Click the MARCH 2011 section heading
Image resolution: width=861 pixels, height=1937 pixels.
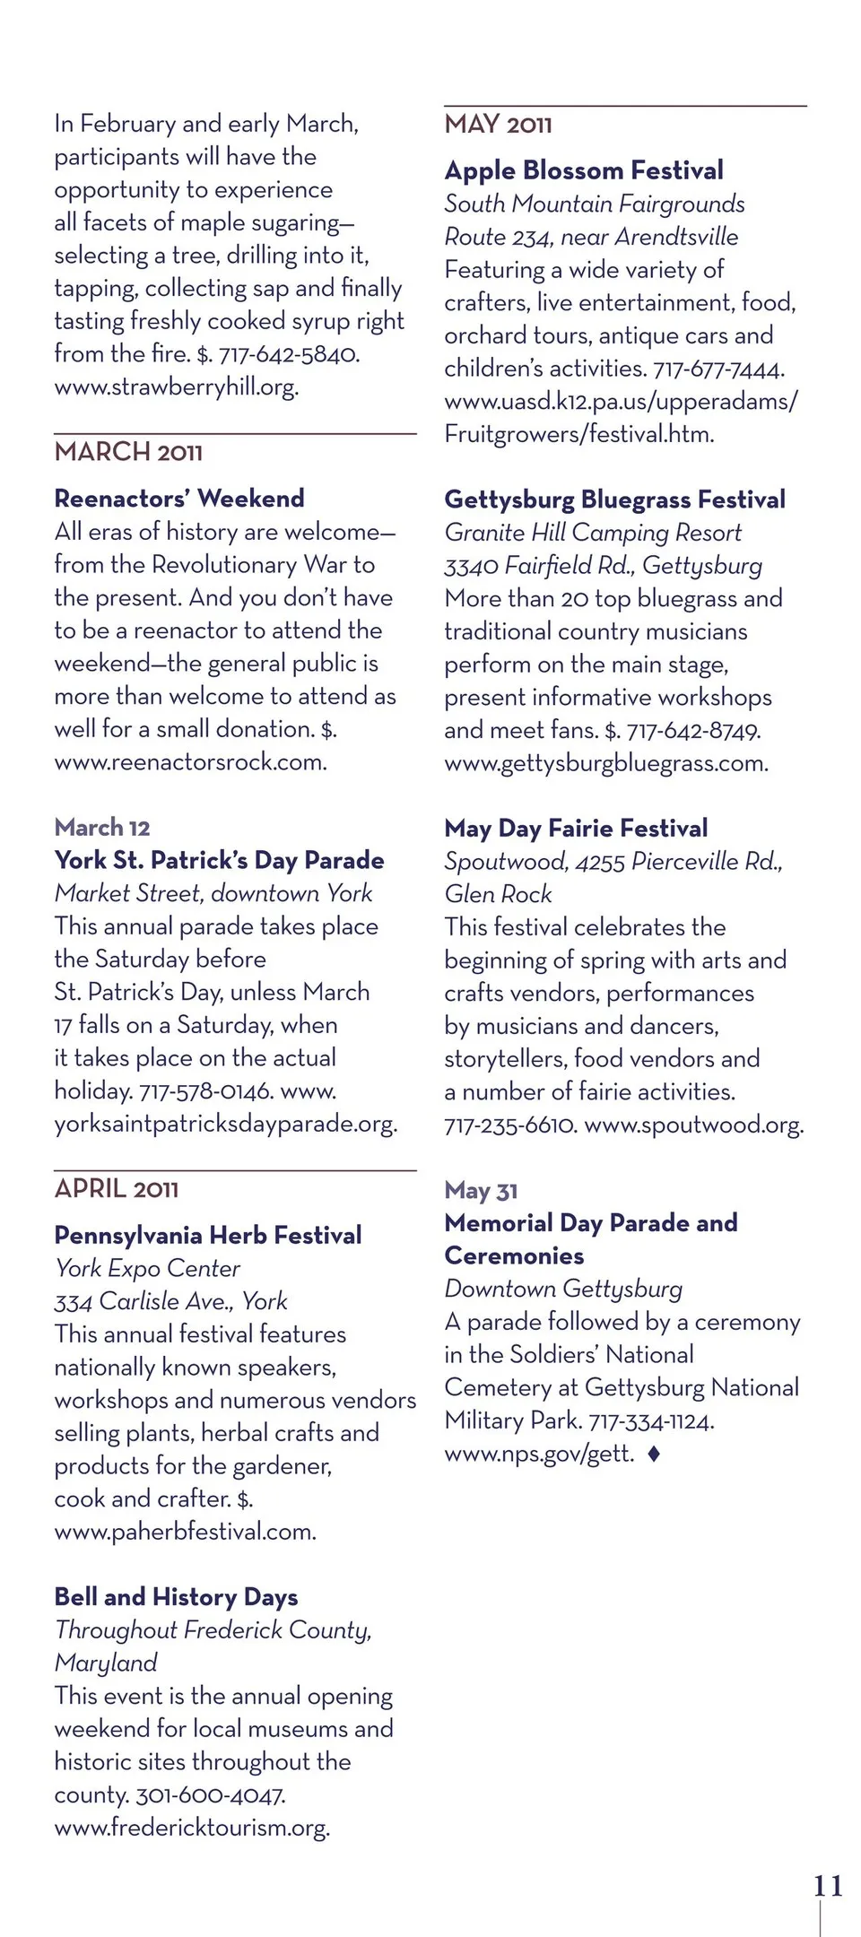tap(128, 452)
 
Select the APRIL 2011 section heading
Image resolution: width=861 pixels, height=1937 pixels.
tap(117, 1189)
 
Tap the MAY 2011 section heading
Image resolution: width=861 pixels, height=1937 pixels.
tap(498, 125)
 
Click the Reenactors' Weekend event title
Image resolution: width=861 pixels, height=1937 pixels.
tap(179, 499)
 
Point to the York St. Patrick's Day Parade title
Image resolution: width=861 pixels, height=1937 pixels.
tap(219, 861)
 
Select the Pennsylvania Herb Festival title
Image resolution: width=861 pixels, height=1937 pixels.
tap(208, 1236)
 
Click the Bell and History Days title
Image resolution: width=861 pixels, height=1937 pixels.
tap(176, 1597)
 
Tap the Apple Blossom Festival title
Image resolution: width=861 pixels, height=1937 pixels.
tap(584, 170)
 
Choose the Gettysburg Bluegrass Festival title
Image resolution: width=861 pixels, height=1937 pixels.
tap(614, 499)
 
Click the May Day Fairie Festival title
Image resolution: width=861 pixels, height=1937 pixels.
tap(576, 829)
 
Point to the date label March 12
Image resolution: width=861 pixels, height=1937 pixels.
tap(102, 828)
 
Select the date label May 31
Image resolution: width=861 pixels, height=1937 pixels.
tap(481, 1191)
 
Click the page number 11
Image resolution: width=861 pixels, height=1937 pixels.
tap(828, 1886)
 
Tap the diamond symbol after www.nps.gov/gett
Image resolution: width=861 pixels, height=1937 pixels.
tap(654, 1454)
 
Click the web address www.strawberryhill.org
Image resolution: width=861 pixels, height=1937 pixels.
tap(177, 387)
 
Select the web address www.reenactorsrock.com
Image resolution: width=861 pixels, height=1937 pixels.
tap(190, 762)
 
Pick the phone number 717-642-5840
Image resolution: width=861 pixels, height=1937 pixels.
tap(289, 354)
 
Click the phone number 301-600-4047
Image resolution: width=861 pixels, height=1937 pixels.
tap(211, 1795)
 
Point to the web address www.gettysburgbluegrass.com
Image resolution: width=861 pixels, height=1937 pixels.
tap(606, 764)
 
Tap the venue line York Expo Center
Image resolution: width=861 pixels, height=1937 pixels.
tap(147, 1269)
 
